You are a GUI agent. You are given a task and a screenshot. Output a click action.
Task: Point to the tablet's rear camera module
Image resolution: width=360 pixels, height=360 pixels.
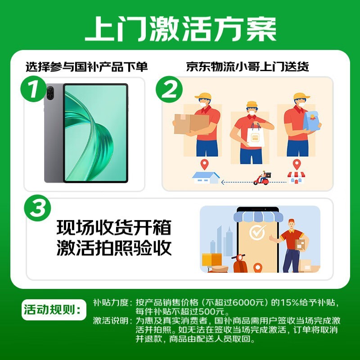click(50, 95)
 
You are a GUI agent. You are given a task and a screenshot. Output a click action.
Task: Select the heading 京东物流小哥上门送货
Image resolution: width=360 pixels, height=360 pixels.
click(247, 67)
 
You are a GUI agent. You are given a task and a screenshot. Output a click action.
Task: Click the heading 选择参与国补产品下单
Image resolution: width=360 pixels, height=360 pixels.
click(86, 67)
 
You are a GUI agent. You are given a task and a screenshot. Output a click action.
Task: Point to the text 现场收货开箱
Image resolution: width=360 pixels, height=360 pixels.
click(114, 227)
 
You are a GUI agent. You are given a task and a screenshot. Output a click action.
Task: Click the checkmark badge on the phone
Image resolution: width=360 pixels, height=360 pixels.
click(257, 234)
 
